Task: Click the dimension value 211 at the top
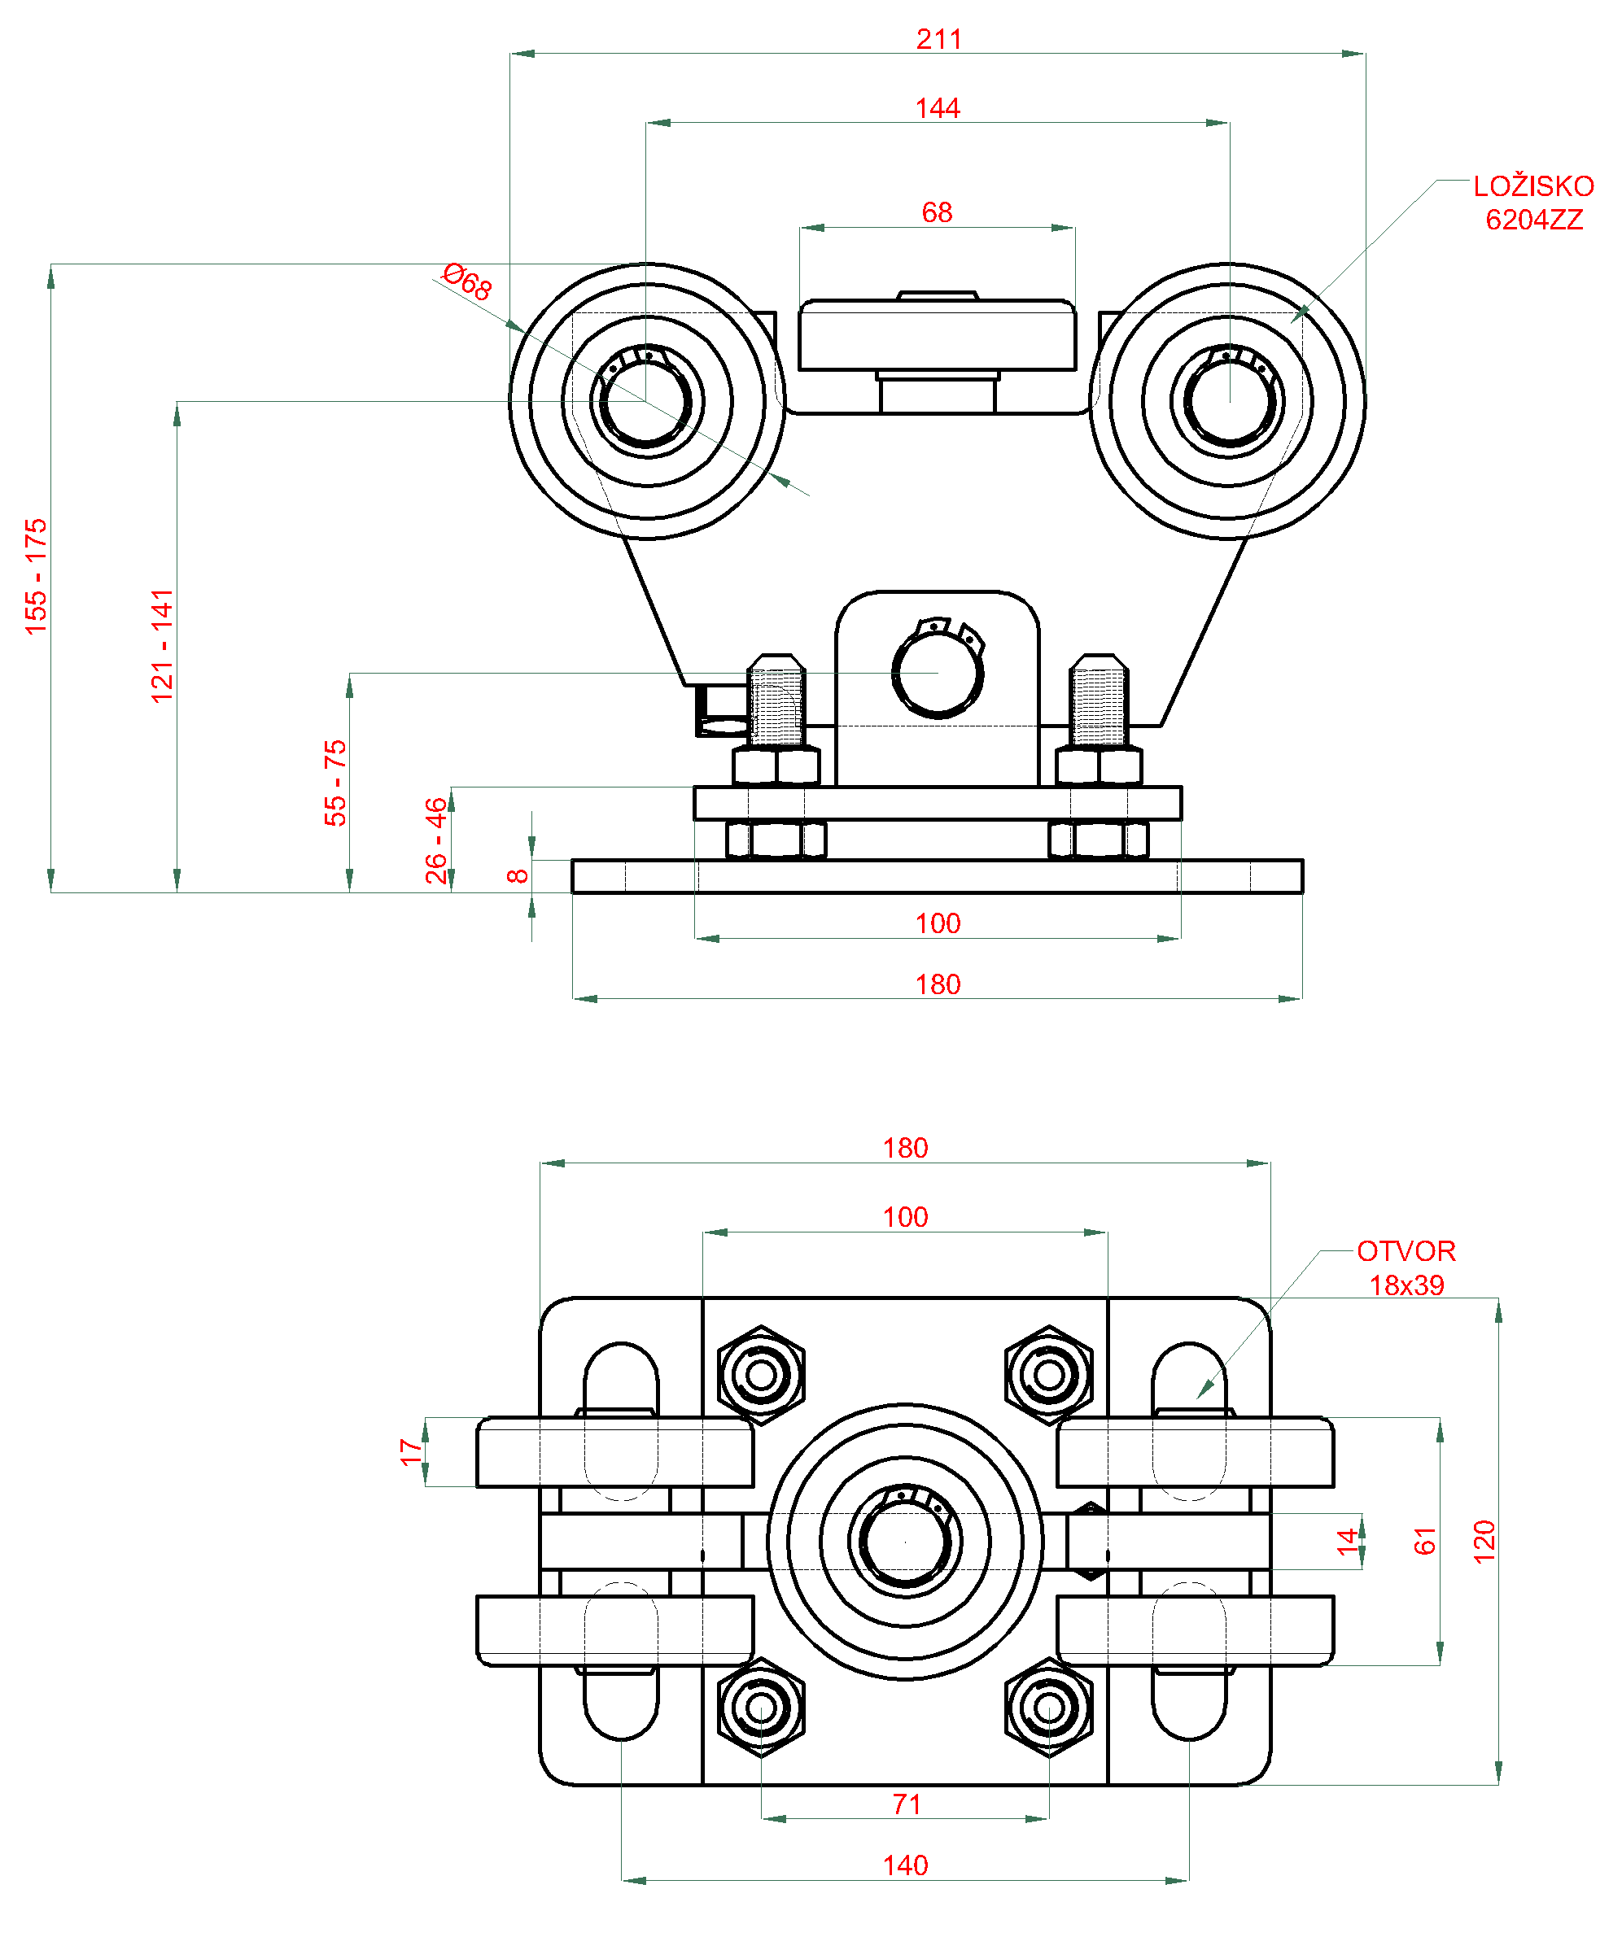click(x=938, y=40)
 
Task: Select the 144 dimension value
click(x=938, y=109)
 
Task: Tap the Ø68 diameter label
click(x=468, y=281)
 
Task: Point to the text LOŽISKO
click(x=1532, y=186)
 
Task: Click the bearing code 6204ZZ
click(x=1533, y=220)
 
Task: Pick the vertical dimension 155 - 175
click(x=36, y=577)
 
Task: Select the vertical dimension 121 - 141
click(x=163, y=646)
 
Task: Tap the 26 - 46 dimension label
click(x=435, y=840)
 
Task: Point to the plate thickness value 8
click(x=518, y=875)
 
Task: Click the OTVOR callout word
click(x=1406, y=1252)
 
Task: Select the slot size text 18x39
click(x=1406, y=1285)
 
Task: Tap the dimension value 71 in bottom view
click(x=906, y=1805)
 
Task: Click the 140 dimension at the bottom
click(x=905, y=1866)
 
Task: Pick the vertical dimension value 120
click(x=1484, y=1542)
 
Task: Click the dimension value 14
click(x=1348, y=1542)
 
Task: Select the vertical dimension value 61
click(x=1424, y=1542)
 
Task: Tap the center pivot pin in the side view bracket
click(x=938, y=673)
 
